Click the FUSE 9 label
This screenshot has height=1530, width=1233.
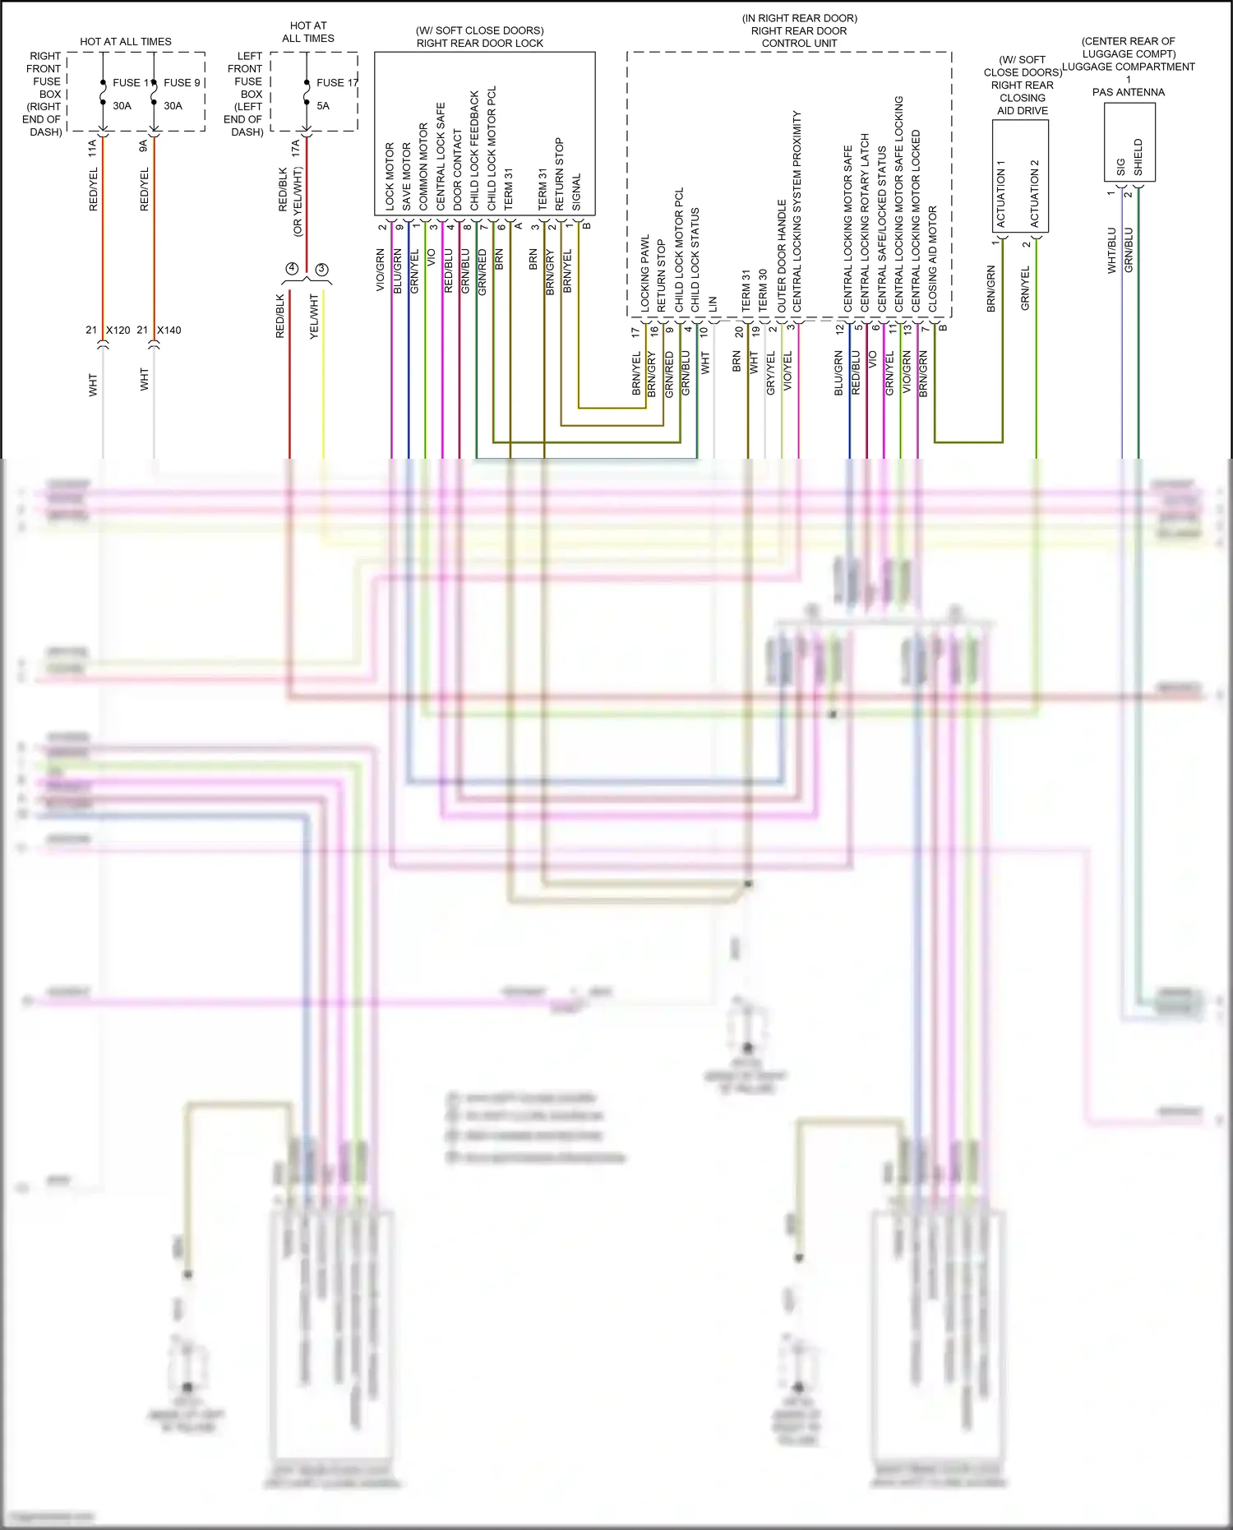tap(182, 82)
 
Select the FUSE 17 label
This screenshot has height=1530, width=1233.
tap(337, 82)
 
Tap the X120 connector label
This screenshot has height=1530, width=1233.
tap(118, 330)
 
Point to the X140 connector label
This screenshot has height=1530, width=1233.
tap(169, 330)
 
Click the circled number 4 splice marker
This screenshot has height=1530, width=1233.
tap(292, 269)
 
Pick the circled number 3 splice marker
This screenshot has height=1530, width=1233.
tap(322, 269)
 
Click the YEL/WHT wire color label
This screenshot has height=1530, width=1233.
tap(314, 317)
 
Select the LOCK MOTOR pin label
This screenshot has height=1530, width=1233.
tap(390, 176)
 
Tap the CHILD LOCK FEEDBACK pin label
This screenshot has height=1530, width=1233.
tap(474, 150)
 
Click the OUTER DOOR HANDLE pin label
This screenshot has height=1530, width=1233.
tap(782, 255)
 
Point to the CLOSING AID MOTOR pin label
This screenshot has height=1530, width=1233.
tap(932, 259)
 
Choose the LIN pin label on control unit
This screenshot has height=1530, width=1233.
tap(713, 304)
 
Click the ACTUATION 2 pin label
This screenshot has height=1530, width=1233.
tap(1035, 193)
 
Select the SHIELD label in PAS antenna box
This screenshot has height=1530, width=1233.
tap(1138, 156)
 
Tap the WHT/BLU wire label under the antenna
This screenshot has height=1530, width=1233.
tap(1111, 250)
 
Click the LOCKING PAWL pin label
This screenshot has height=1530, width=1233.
tap(645, 273)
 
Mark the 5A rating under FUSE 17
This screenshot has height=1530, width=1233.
tap(323, 106)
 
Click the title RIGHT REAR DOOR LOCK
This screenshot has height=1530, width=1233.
tap(480, 44)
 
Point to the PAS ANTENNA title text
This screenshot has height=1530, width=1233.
tap(1129, 92)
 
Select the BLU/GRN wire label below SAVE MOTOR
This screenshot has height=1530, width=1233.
tap(398, 270)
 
